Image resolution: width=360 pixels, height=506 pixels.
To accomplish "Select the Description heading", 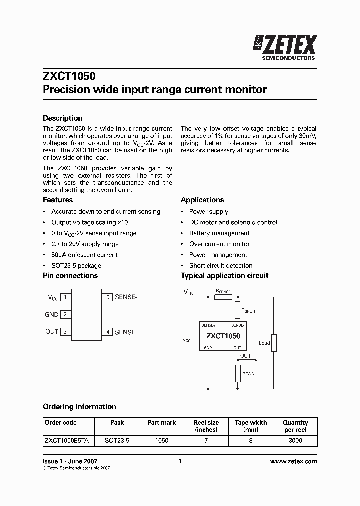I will pos(63,118).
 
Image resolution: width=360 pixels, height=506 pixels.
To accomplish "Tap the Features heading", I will pos(58,200).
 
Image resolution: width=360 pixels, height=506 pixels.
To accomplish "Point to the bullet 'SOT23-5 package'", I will pos(76,266).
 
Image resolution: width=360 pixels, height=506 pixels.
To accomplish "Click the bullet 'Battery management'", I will pos(219,233).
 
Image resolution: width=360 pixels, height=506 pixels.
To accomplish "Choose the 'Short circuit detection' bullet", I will pos(221,266).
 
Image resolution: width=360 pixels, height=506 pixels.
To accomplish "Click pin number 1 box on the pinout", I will pos(65,297).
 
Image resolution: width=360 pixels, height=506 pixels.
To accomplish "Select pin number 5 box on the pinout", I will pos(108,297).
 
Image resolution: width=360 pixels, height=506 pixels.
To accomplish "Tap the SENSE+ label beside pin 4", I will pos(127,332).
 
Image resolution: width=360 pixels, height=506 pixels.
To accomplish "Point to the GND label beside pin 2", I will pos(52,315).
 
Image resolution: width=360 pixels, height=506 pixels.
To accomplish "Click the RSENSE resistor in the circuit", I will pos(223,297).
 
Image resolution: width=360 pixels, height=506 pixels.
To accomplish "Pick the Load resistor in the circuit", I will pos(274,343).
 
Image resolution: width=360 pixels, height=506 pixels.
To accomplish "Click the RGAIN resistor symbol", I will pos(238,373).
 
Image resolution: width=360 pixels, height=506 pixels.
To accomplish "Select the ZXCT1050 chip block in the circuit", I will pos(223,336).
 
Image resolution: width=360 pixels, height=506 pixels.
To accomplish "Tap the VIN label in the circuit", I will pos(188,292).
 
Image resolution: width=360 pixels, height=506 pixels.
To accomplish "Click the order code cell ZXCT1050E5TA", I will pos(67,441).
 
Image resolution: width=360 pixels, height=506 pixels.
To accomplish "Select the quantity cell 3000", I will pos(295,441).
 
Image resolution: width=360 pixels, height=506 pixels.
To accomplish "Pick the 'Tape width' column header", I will pos(251,426).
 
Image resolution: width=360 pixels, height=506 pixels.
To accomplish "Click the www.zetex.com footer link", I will pos(293,462).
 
